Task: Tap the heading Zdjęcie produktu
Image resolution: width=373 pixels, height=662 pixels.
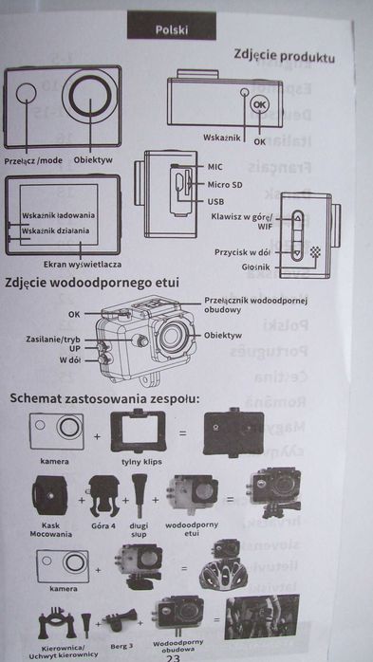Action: pyautogui.click(x=285, y=57)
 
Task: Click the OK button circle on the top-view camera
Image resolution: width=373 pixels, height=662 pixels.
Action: pyautogui.click(x=262, y=106)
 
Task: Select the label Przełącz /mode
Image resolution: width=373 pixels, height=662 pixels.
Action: pyautogui.click(x=33, y=160)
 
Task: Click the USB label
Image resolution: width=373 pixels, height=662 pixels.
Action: pyautogui.click(x=215, y=202)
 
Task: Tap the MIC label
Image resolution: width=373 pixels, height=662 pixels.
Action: pyautogui.click(x=215, y=166)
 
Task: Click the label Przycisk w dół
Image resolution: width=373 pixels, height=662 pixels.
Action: pyautogui.click(x=244, y=251)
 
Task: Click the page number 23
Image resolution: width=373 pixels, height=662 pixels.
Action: pyautogui.click(x=173, y=655)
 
